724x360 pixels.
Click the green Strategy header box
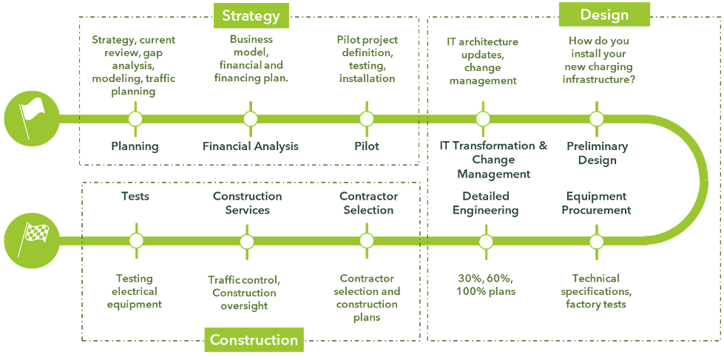tap(251, 16)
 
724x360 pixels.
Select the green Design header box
tap(604, 14)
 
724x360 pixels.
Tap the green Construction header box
tap(254, 340)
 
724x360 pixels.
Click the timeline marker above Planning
tap(135, 119)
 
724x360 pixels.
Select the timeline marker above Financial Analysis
tap(251, 119)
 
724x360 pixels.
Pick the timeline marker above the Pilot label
tap(366, 119)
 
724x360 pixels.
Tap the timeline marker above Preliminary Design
tap(597, 119)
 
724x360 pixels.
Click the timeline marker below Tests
tap(135, 240)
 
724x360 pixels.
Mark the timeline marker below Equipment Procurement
tap(597, 241)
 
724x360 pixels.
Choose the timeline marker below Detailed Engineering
tap(486, 241)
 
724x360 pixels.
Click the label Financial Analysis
tap(251, 146)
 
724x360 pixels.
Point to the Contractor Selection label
tap(368, 203)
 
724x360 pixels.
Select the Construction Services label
tap(247, 203)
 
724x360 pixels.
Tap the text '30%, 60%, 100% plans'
tap(486, 285)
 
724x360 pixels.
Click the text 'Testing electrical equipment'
tap(135, 291)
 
